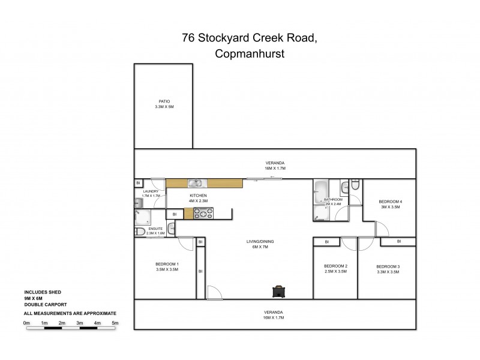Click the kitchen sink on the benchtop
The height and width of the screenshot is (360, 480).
[x=194, y=184]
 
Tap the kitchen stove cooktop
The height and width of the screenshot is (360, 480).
[x=199, y=212]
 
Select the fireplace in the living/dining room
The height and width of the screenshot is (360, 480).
[x=278, y=292]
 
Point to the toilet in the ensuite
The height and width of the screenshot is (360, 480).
[x=139, y=232]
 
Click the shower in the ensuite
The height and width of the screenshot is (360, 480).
[x=142, y=217]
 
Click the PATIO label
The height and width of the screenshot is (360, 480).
[x=163, y=101]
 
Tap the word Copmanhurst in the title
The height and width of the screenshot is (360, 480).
[x=249, y=53]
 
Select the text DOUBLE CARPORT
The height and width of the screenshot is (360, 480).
[x=45, y=305]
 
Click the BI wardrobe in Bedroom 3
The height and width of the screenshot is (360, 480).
[x=398, y=242]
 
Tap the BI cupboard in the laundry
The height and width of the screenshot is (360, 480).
[x=139, y=182]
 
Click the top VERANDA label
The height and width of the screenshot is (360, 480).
[x=275, y=163]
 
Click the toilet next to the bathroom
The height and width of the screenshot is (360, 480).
[x=355, y=186]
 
